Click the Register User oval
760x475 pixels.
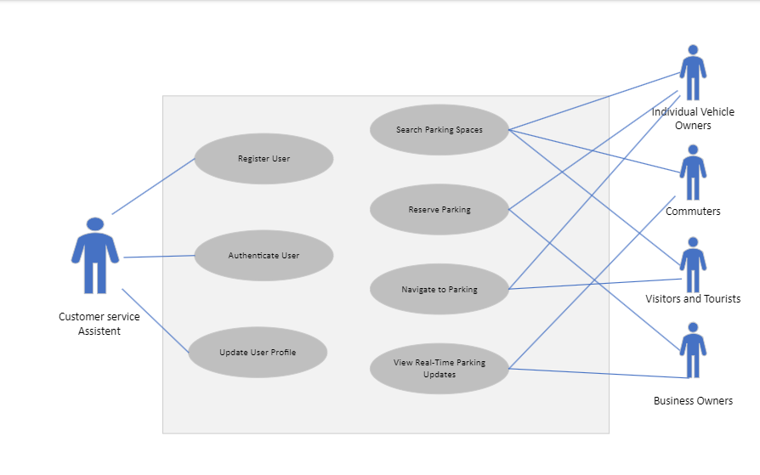pyautogui.click(x=264, y=158)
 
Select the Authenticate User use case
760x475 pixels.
pyautogui.click(x=264, y=255)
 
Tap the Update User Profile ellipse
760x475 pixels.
pyautogui.click(x=258, y=352)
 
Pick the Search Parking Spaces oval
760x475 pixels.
pyautogui.click(x=439, y=130)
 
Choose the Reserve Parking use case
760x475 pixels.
pyautogui.click(x=439, y=209)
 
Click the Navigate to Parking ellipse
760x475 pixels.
pyautogui.click(x=439, y=289)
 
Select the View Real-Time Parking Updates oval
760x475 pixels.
pyautogui.click(x=439, y=369)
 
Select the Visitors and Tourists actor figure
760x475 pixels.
pyautogui.click(x=693, y=264)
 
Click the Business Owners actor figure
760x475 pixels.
pyautogui.click(x=693, y=350)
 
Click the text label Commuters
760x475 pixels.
pyautogui.click(x=693, y=212)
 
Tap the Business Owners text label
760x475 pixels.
pyautogui.click(x=693, y=401)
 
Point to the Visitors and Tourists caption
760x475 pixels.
pyautogui.click(x=693, y=299)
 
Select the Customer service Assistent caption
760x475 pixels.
pyautogui.click(x=99, y=324)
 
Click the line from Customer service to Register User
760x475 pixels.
pyautogui.click(x=153, y=186)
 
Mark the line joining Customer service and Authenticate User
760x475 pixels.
pyautogui.click(x=159, y=257)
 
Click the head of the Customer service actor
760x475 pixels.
pyautogui.click(x=95, y=224)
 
